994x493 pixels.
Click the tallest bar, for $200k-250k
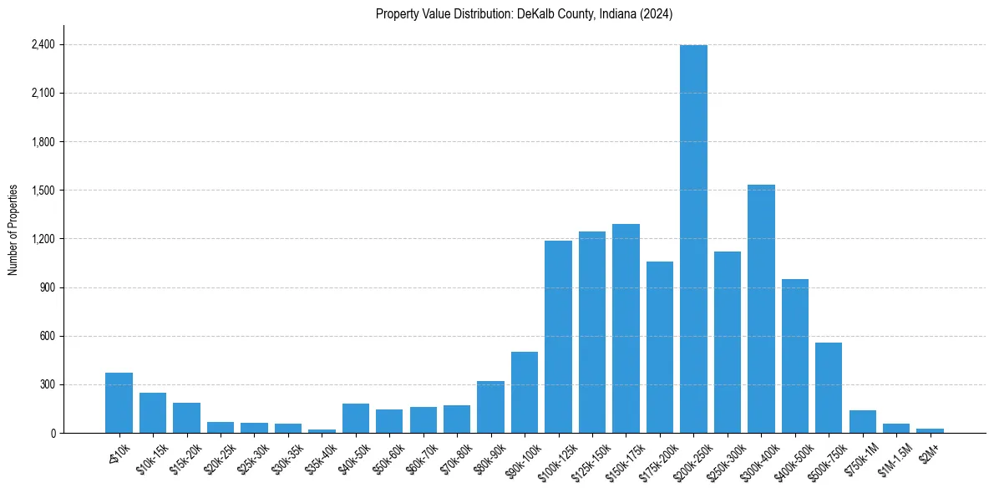[x=693, y=239]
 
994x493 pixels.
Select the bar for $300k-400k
[x=761, y=309]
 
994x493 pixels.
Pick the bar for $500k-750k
[x=829, y=388]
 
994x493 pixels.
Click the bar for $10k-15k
[x=153, y=413]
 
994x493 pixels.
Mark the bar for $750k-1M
[x=863, y=422]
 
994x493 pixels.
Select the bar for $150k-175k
[x=626, y=328]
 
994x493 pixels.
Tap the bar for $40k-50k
[x=356, y=419]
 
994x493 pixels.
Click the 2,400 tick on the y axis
[x=43, y=44]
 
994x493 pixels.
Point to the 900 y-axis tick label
[x=47, y=287]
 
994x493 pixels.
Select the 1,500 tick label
[x=43, y=191]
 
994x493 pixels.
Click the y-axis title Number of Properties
[x=13, y=230]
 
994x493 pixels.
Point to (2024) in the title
[x=657, y=14]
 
